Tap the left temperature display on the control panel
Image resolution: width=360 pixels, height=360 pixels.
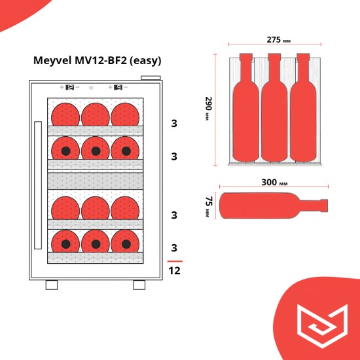tap(69, 86)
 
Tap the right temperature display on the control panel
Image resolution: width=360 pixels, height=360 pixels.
tap(118, 86)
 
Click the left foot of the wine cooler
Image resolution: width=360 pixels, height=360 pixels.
tap(52, 285)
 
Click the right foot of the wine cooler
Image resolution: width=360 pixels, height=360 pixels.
tap(139, 285)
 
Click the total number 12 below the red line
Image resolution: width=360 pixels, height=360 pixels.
tap(175, 270)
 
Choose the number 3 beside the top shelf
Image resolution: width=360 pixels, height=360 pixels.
tap(174, 123)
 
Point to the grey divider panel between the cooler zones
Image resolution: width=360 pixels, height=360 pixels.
tap(95, 178)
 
